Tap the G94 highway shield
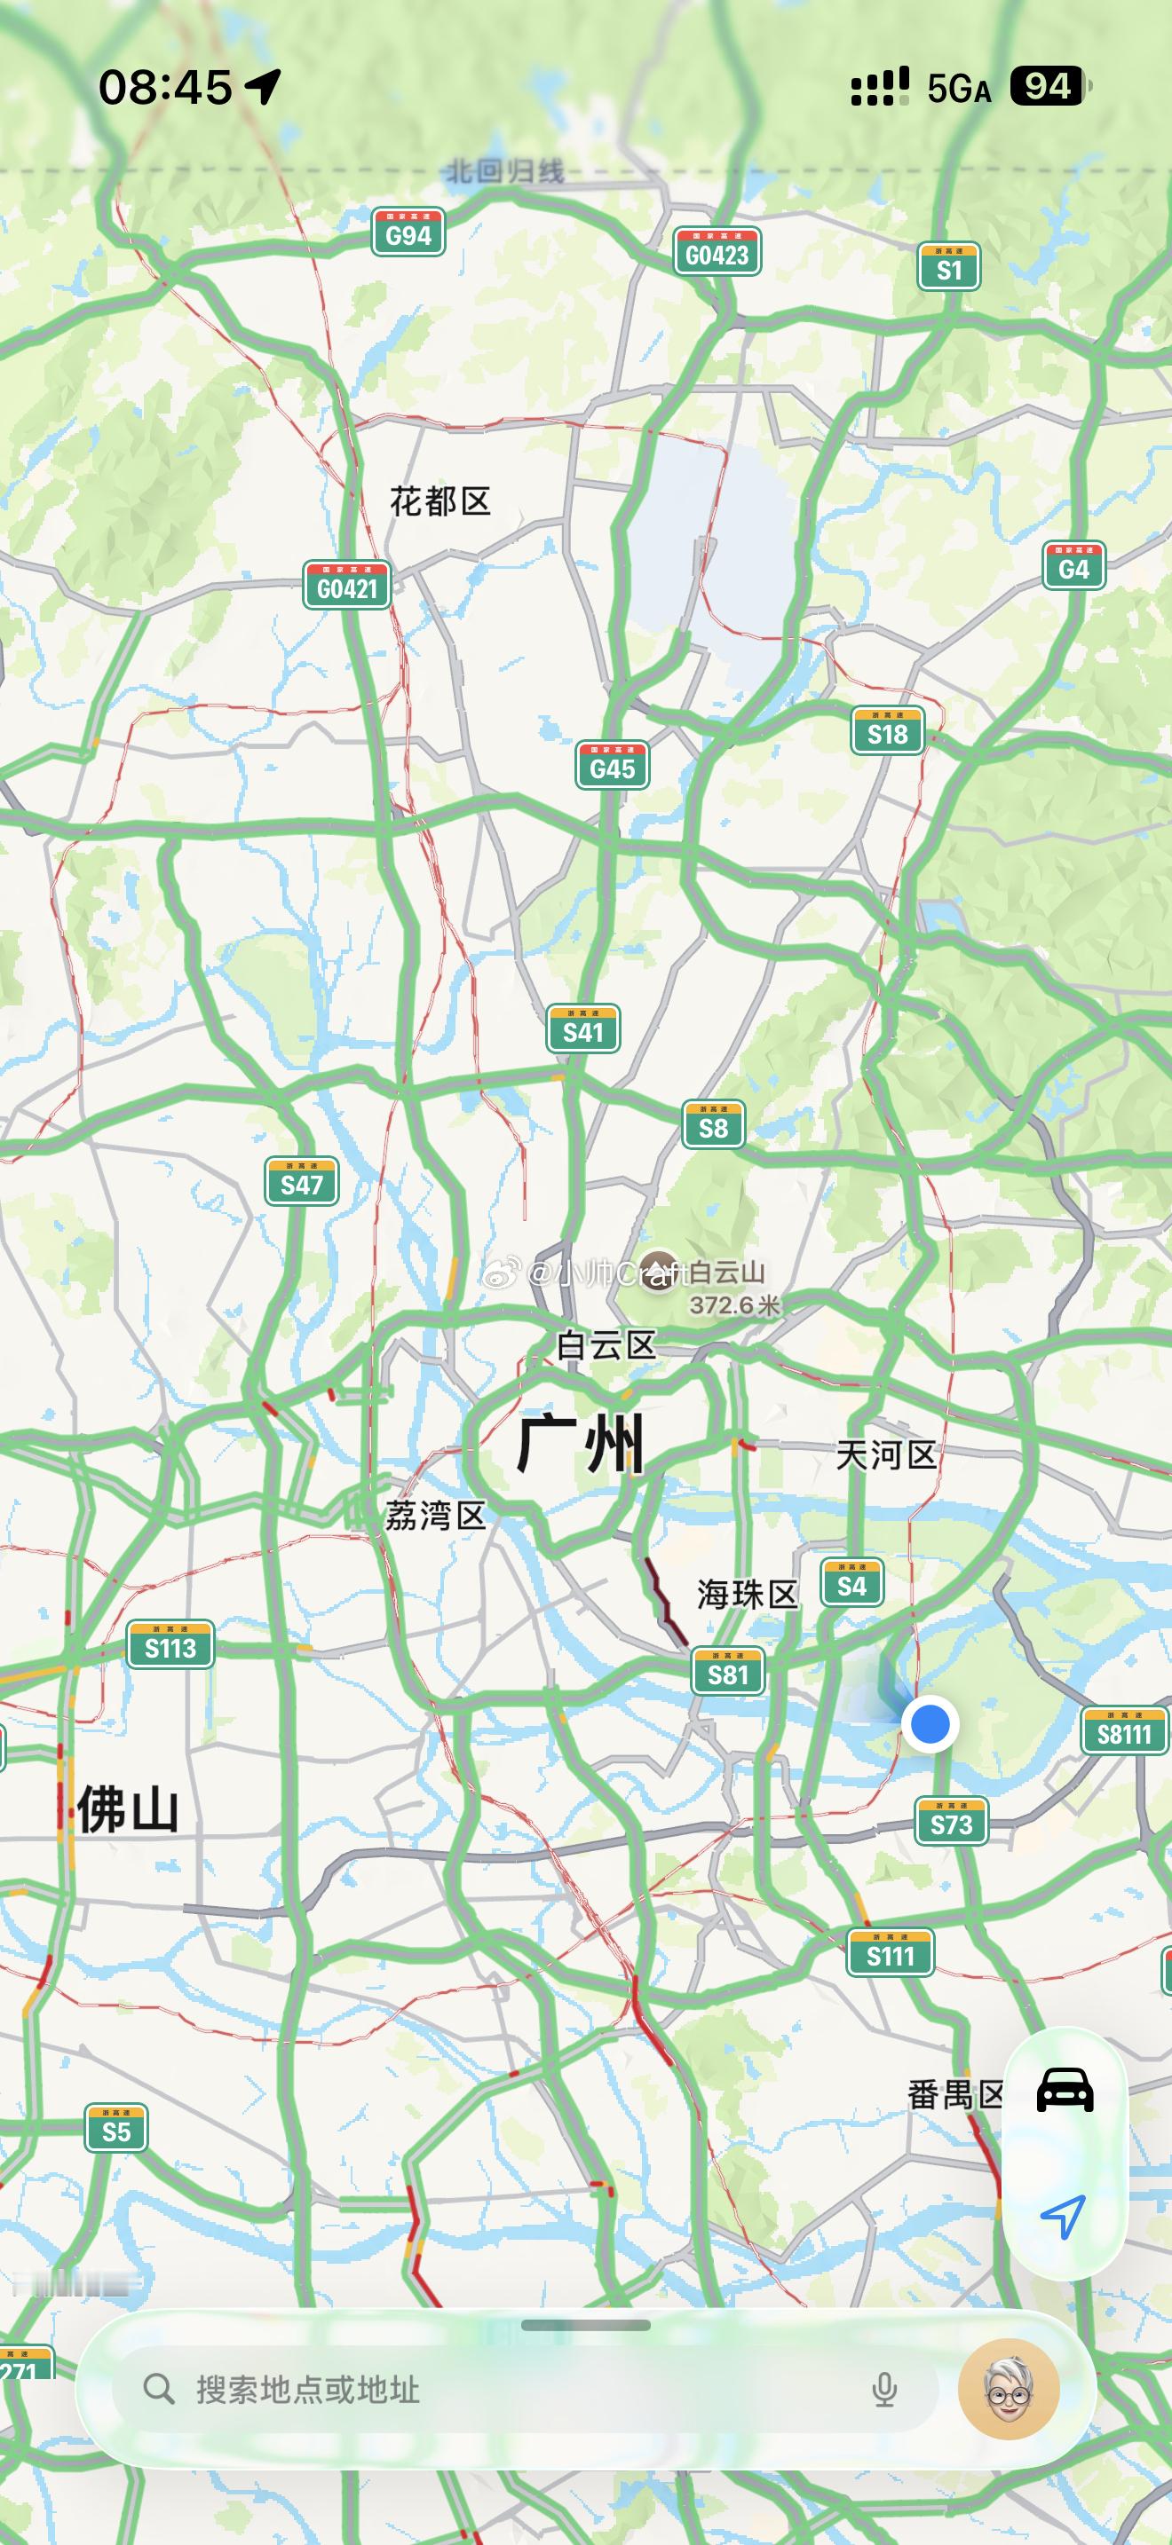pos(408,233)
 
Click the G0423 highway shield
pos(717,253)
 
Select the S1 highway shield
pos(948,268)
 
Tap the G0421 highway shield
pos(347,587)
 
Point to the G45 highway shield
pos(612,767)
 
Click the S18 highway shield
pos(887,732)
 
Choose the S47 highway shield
pos(301,1183)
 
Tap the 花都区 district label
pos(439,502)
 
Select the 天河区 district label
pos(885,1454)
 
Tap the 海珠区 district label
pos(747,1594)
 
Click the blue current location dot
pos(929,1724)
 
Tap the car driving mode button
pos(1065,2090)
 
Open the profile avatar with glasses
pos(1009,2390)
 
